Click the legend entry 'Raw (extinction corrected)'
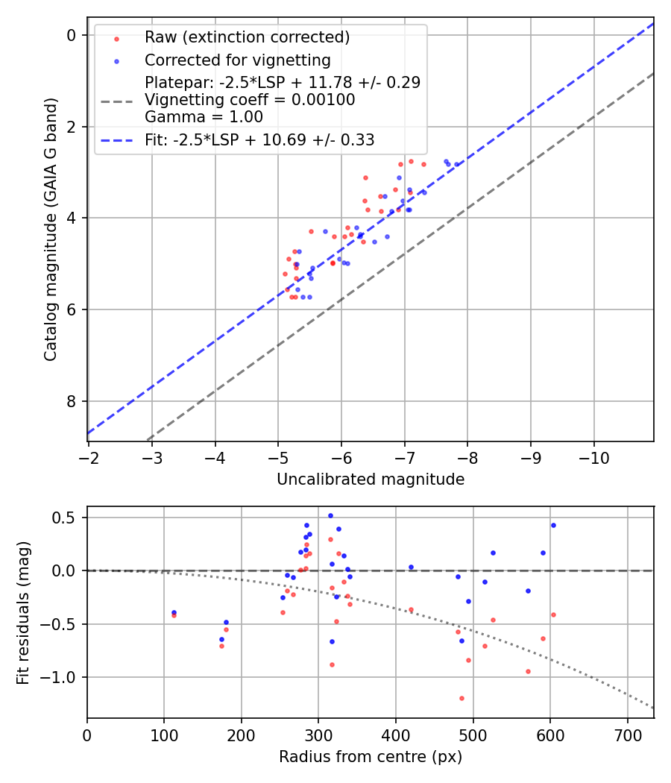click(247, 37)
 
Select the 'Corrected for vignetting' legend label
click(237, 60)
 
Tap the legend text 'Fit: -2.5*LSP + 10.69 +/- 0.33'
click(259, 139)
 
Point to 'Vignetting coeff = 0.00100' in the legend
click(250, 100)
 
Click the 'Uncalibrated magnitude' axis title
click(371, 479)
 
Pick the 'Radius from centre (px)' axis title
click(371, 757)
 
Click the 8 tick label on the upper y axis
click(72, 401)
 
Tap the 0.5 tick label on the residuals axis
click(66, 518)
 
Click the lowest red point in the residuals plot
click(461, 698)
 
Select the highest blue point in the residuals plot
click(330, 515)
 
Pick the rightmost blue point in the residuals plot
click(553, 525)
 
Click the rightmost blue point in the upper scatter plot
click(457, 164)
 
